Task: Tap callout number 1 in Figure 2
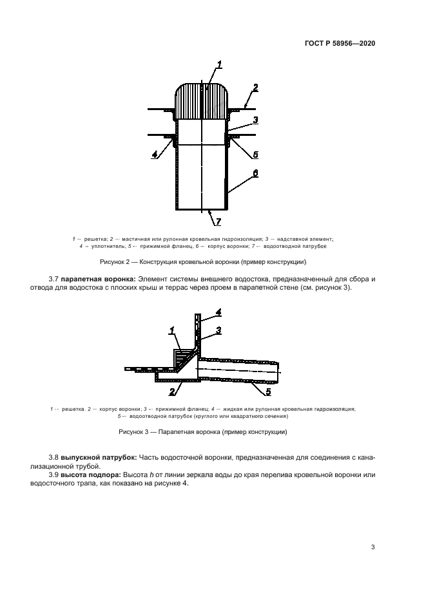(x=219, y=64)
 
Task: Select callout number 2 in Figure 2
(x=255, y=88)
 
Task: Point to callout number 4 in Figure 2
(x=155, y=155)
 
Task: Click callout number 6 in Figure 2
(x=255, y=174)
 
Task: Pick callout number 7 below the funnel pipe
(x=218, y=222)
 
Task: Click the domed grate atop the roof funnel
(x=202, y=102)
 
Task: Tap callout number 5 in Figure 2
(x=255, y=155)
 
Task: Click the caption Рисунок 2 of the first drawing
(x=203, y=262)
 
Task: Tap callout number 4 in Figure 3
(x=218, y=312)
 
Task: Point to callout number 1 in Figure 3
(x=171, y=331)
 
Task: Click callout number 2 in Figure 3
(x=171, y=391)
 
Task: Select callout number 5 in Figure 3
(x=269, y=390)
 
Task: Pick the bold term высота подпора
(x=92, y=475)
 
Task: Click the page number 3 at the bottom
(x=373, y=547)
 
